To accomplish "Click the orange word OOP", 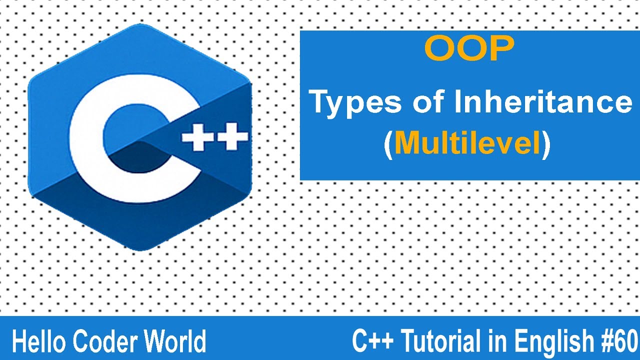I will (469, 49).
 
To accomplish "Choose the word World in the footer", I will (175, 342).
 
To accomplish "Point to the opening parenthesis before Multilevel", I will (388, 144).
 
